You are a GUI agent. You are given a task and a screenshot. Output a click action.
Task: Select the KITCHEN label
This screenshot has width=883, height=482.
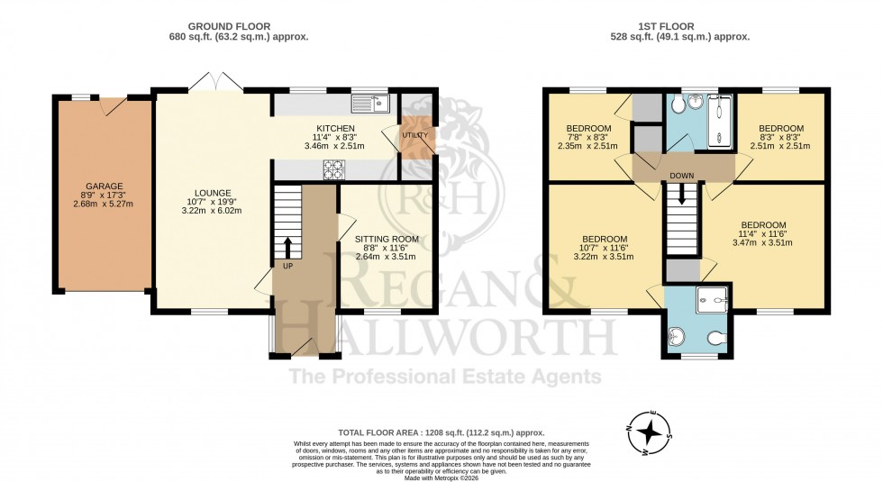tap(334, 128)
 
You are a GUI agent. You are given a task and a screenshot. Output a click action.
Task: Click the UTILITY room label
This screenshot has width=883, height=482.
tap(414, 135)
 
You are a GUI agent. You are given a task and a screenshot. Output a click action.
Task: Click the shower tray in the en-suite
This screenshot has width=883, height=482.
tap(714, 295)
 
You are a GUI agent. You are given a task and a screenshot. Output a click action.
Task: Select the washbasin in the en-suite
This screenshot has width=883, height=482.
tap(678, 338)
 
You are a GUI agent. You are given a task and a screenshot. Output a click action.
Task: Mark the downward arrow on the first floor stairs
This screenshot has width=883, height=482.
tap(681, 195)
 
